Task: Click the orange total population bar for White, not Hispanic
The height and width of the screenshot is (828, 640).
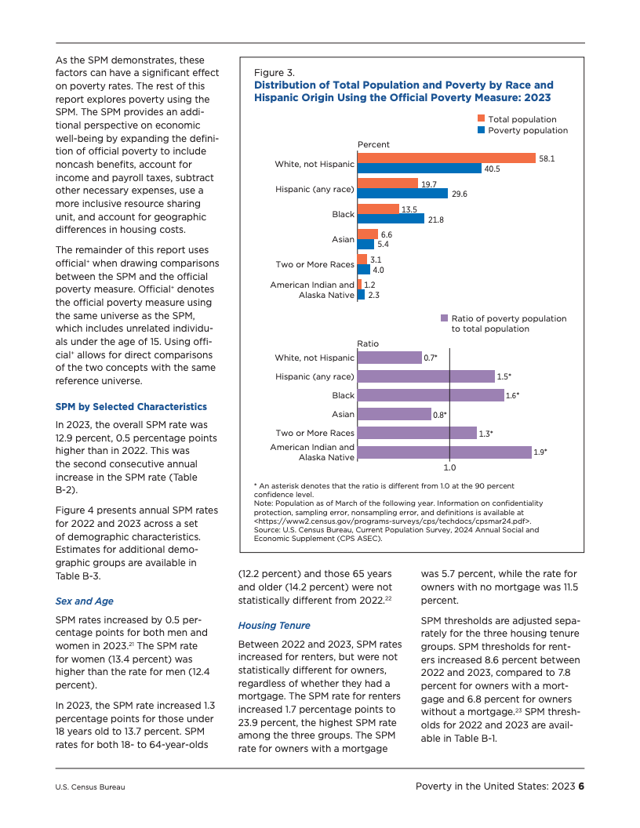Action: pos(445,158)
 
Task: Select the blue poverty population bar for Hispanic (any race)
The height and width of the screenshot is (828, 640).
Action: pos(402,193)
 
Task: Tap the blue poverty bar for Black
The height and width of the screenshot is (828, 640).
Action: pos(391,219)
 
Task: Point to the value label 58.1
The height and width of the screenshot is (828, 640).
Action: pos(547,158)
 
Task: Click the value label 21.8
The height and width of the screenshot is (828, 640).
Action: pos(436,220)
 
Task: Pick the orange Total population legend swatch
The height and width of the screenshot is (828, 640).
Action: pos(481,119)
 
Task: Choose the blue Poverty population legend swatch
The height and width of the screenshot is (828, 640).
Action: pos(481,130)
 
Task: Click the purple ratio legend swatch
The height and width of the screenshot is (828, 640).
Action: pos(444,318)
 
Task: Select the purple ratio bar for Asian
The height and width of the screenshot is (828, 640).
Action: pos(394,414)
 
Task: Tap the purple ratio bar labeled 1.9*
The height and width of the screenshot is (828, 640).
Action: pos(444,452)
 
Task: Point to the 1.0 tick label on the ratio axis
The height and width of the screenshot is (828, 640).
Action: pos(449,468)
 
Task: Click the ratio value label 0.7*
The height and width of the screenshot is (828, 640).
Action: pos(431,358)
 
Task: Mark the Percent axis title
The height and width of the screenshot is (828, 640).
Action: pos(373,145)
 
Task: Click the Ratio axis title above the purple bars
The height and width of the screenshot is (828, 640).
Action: pos(368,343)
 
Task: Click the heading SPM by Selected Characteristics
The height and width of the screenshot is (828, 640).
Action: pos(131,407)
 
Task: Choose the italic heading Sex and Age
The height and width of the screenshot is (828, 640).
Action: pos(84,601)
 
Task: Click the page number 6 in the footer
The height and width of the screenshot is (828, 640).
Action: pos(582,786)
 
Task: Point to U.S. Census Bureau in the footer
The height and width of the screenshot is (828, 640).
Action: pos(89,787)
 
